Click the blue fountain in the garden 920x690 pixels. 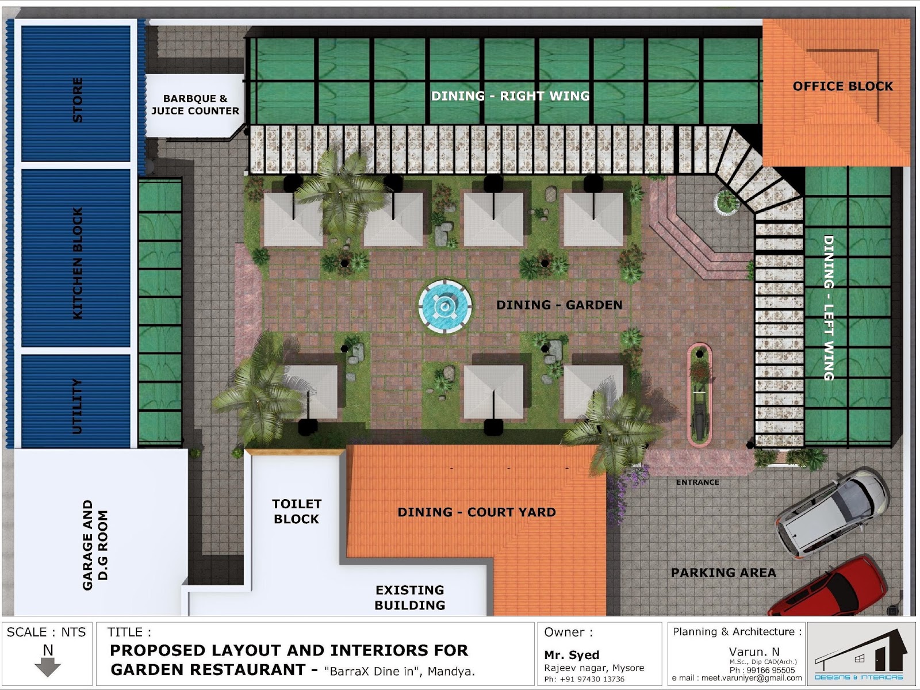pyautogui.click(x=444, y=306)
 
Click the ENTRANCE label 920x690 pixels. pyautogui.click(x=697, y=482)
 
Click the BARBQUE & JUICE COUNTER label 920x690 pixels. pyautogui.click(x=195, y=104)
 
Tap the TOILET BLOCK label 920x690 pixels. pyautogui.click(x=296, y=511)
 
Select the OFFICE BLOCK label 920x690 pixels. pyautogui.click(x=843, y=86)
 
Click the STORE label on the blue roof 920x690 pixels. pyautogui.click(x=78, y=99)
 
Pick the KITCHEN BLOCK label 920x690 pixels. pyautogui.click(x=78, y=263)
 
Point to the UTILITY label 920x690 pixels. pyautogui.click(x=77, y=406)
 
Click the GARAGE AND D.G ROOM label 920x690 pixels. pyautogui.click(x=95, y=545)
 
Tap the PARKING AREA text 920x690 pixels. pyautogui.click(x=723, y=573)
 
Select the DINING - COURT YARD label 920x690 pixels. pyautogui.click(x=477, y=512)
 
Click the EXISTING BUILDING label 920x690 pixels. pyautogui.click(x=410, y=597)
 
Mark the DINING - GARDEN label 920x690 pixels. pyautogui.click(x=559, y=305)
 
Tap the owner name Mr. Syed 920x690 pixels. pyautogui.click(x=572, y=655)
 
